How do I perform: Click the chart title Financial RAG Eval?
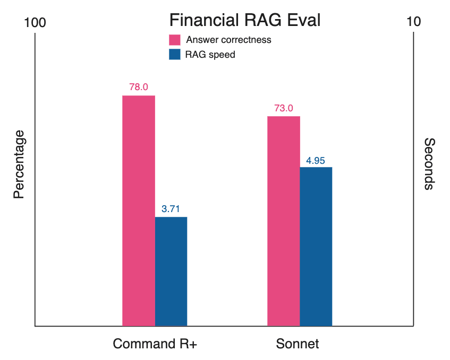tap(245, 21)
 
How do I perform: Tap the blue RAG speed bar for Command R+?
tap(171, 271)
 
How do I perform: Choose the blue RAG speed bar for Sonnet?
tap(316, 246)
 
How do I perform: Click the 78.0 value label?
tap(139, 87)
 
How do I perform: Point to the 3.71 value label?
tap(171, 209)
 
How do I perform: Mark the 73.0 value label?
tap(283, 108)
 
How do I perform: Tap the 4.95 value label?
tap(316, 160)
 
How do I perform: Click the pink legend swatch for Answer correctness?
tap(175, 40)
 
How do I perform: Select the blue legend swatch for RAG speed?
tap(175, 54)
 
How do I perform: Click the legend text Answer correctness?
tap(228, 40)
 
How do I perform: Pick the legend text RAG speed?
tap(210, 54)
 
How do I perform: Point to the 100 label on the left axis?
tap(35, 22)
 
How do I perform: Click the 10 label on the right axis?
tap(413, 22)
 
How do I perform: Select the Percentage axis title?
tap(19, 164)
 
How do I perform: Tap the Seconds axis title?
tap(429, 164)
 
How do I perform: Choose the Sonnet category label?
tap(298, 344)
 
